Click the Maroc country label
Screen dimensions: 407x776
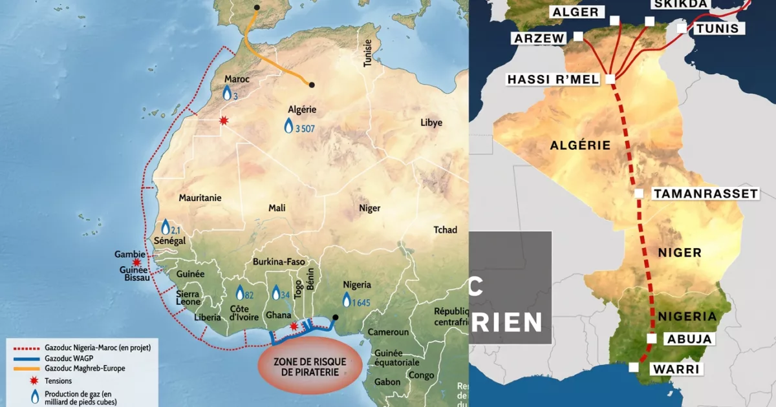pyautogui.click(x=237, y=79)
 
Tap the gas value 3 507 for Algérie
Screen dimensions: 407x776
pyautogui.click(x=305, y=129)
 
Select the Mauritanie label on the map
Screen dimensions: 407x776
pyautogui.click(x=200, y=198)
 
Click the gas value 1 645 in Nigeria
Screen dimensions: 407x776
pyautogui.click(x=361, y=303)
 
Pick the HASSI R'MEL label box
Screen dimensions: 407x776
pyautogui.click(x=555, y=79)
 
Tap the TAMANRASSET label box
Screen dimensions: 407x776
pyautogui.click(x=705, y=194)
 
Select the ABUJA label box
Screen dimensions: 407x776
pyautogui.click(x=689, y=339)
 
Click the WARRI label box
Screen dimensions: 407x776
pyautogui.click(x=680, y=370)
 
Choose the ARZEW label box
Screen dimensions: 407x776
pyautogui.click(x=539, y=38)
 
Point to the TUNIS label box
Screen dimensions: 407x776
pyautogui.click(x=718, y=28)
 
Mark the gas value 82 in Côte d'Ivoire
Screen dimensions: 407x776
pyautogui.click(x=249, y=295)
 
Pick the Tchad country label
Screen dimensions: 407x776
pyautogui.click(x=445, y=230)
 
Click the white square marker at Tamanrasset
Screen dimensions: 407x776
pyautogui.click(x=639, y=193)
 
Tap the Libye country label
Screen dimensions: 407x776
pyautogui.click(x=431, y=123)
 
